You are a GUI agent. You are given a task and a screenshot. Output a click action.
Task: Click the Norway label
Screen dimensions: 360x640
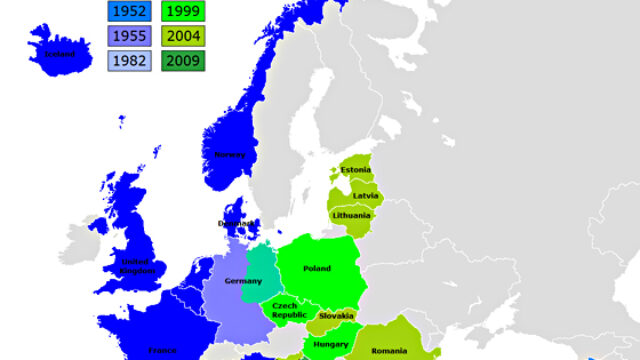(229, 154)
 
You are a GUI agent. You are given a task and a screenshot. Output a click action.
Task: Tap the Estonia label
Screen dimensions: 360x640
(356, 170)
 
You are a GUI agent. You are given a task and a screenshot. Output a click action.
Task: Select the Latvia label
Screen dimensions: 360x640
(365, 195)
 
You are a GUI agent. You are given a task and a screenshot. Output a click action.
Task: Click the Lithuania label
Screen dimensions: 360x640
(352, 215)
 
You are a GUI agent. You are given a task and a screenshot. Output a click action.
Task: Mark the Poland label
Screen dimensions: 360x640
(317, 268)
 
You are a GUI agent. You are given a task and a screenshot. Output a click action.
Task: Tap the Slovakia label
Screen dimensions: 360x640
(337, 316)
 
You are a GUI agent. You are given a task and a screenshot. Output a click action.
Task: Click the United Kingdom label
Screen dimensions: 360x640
(135, 265)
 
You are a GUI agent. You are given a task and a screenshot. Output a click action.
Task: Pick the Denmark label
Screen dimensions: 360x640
(237, 223)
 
